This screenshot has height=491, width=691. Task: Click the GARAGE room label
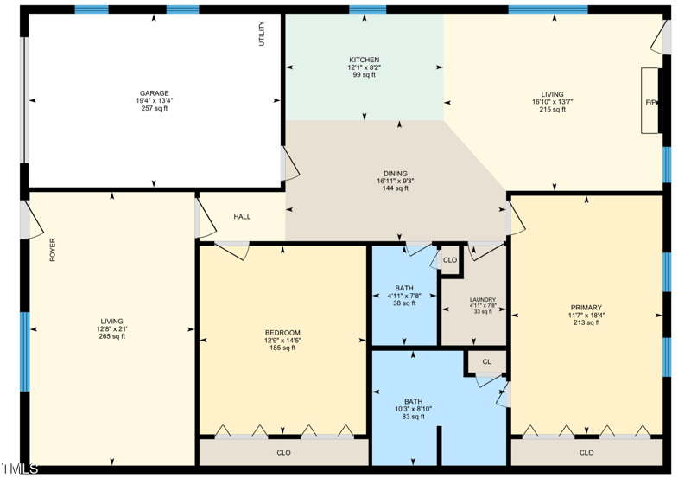point(155,93)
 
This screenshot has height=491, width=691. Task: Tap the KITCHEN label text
point(364,60)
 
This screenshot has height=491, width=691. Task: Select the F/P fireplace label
point(651,102)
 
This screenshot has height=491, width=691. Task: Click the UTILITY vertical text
point(263,33)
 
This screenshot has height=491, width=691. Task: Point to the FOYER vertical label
point(53,250)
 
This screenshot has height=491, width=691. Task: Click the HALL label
point(242,216)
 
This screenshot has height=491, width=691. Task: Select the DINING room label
point(396,173)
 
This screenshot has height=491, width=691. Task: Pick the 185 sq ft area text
point(282,348)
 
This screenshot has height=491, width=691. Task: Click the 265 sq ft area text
point(111,336)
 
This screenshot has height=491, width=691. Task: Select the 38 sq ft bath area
point(404,303)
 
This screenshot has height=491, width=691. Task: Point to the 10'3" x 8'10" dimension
point(414,409)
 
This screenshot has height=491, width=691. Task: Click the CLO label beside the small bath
point(449,259)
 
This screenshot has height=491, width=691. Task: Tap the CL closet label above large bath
point(486,361)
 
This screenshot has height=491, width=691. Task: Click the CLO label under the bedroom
point(283,452)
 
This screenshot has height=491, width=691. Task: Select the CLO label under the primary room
point(586,452)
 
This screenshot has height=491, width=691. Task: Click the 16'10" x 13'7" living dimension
point(552,102)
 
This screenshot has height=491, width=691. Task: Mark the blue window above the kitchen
point(367,10)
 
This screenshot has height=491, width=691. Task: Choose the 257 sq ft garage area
point(155,109)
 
